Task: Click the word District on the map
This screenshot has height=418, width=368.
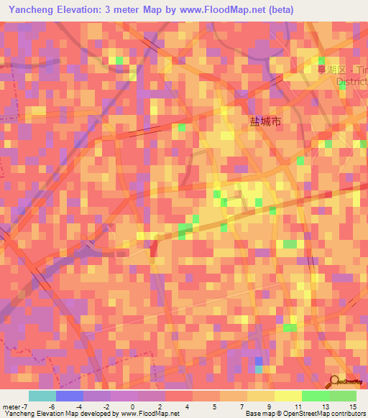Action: pyautogui.click(x=351, y=81)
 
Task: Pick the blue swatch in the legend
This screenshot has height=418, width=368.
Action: pyautogui.click(x=70, y=396)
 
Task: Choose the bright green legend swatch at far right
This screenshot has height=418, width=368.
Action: pyautogui.click(x=342, y=396)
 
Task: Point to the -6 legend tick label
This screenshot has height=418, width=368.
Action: pyautogui.click(x=51, y=407)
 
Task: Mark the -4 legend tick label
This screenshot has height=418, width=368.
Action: pyautogui.click(x=78, y=407)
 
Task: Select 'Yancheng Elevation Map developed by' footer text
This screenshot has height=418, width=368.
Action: pyautogui.click(x=50, y=414)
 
